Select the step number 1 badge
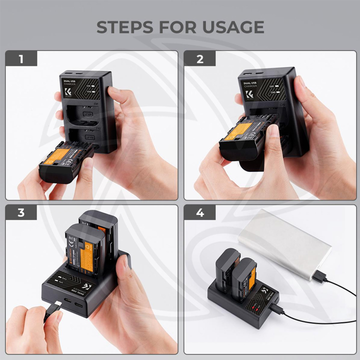pos(21,59)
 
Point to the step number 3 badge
pos(21,212)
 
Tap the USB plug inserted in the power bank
pos(320,275)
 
